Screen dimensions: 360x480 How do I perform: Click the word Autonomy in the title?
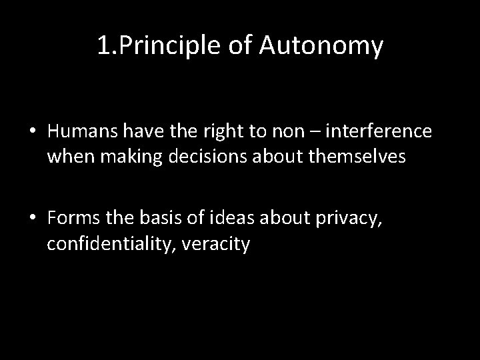(x=323, y=47)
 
